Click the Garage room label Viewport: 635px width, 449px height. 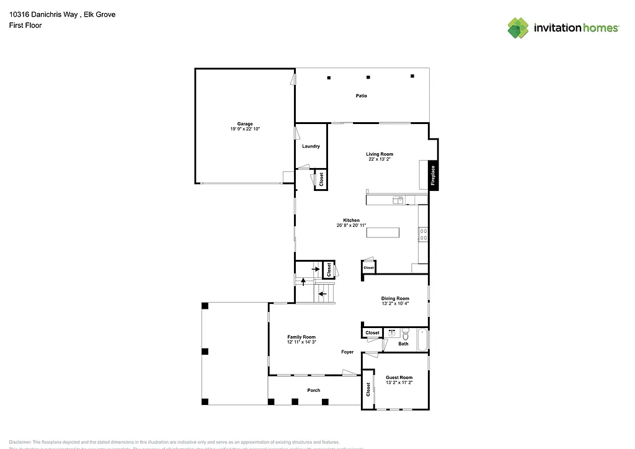pyautogui.click(x=244, y=124)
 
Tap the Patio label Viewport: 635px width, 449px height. pyautogui.click(x=361, y=96)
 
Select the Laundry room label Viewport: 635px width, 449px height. pyautogui.click(x=311, y=146)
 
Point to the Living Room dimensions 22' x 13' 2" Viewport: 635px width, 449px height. pyautogui.click(x=379, y=159)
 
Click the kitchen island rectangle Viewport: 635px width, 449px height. pyautogui.click(x=383, y=233)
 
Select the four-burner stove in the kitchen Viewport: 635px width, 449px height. pyautogui.click(x=424, y=234)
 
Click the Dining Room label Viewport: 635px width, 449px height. pyautogui.click(x=395, y=298)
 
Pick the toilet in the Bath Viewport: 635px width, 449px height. pyautogui.click(x=406, y=334)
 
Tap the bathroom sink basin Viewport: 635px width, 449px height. pyautogui.click(x=391, y=333)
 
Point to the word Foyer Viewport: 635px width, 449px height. pyautogui.click(x=347, y=352)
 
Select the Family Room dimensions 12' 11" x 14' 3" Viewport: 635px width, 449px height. pyautogui.click(x=301, y=342)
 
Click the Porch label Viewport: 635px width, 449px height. pyautogui.click(x=314, y=390)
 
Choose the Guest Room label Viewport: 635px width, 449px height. pyautogui.click(x=399, y=377)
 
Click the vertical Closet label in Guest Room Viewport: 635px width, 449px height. pyautogui.click(x=368, y=389)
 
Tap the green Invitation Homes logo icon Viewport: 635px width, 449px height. pyautogui.click(x=519, y=28)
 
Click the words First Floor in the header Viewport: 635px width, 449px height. pyautogui.click(x=25, y=25)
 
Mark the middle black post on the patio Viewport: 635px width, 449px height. pyautogui.click(x=368, y=78)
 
